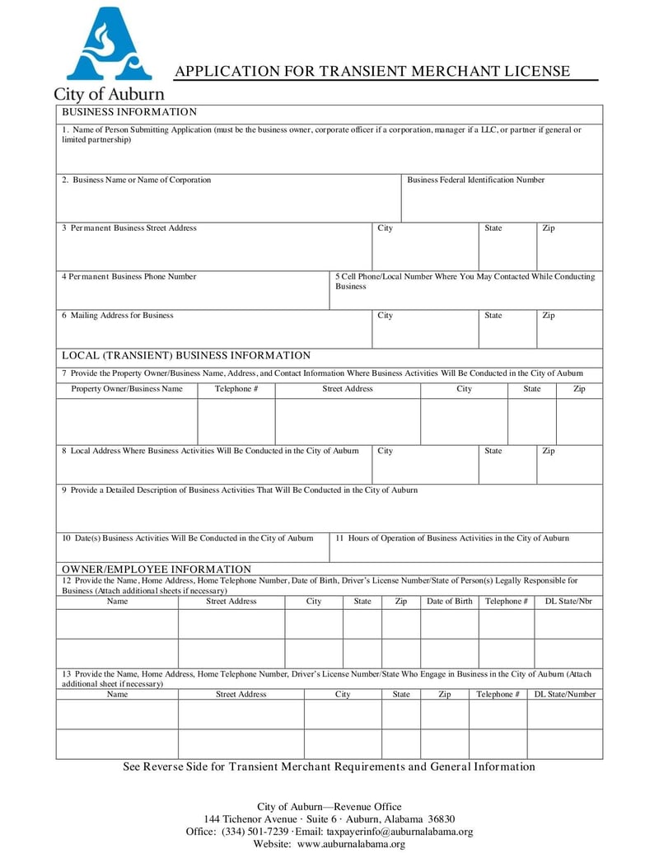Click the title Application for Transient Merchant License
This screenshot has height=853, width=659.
pyautogui.click(x=372, y=72)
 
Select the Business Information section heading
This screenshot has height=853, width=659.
pyautogui.click(x=129, y=112)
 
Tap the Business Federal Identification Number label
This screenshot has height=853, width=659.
pyautogui.click(x=475, y=180)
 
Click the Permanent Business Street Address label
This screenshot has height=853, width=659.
pyautogui.click(x=129, y=228)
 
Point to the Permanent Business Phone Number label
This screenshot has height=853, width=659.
pyautogui.click(x=129, y=277)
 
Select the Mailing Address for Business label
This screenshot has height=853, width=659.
pyautogui.click(x=118, y=316)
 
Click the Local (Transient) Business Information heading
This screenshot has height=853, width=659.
pyautogui.click(x=186, y=356)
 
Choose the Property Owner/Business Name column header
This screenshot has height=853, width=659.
pyautogui.click(x=127, y=389)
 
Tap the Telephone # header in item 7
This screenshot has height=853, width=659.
pyautogui.click(x=236, y=389)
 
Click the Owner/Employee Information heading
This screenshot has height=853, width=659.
pyautogui.click(x=157, y=569)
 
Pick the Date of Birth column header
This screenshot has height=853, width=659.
pyautogui.click(x=450, y=602)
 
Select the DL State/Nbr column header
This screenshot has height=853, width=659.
pyautogui.click(x=568, y=602)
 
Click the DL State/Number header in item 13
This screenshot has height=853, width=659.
pyautogui.click(x=565, y=695)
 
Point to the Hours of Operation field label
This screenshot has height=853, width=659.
pyautogui.click(x=452, y=538)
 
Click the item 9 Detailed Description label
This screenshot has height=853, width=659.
pyautogui.click(x=240, y=490)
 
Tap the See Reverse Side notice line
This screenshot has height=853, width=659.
pyautogui.click(x=329, y=767)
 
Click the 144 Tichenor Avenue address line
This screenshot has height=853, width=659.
pyautogui.click(x=329, y=819)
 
